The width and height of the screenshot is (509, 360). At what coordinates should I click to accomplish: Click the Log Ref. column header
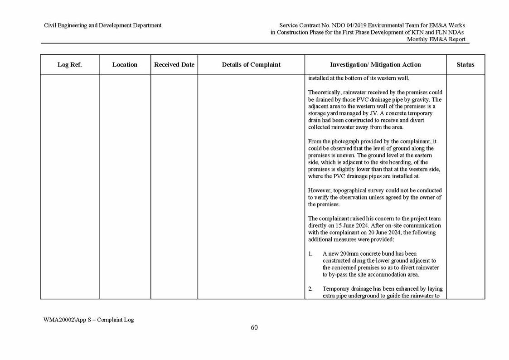(69, 65)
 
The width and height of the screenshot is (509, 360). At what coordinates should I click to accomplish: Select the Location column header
(125, 65)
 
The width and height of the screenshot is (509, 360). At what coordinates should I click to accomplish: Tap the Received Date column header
(174, 65)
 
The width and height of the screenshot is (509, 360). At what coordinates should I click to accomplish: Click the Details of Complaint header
(251, 65)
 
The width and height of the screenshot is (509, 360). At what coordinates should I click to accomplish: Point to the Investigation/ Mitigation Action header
(375, 65)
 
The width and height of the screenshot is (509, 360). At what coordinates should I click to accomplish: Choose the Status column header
(465, 65)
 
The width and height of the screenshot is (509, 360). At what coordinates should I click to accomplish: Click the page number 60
(254, 328)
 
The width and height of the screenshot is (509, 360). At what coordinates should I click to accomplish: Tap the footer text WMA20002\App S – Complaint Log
(88, 320)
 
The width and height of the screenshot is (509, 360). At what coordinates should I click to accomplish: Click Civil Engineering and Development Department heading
(102, 25)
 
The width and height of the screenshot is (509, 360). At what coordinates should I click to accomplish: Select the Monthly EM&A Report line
(436, 39)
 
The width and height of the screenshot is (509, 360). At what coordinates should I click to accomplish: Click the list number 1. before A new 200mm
(310, 254)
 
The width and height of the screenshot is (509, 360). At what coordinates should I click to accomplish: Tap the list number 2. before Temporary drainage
(310, 289)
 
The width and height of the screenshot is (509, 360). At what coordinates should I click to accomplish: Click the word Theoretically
(324, 92)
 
